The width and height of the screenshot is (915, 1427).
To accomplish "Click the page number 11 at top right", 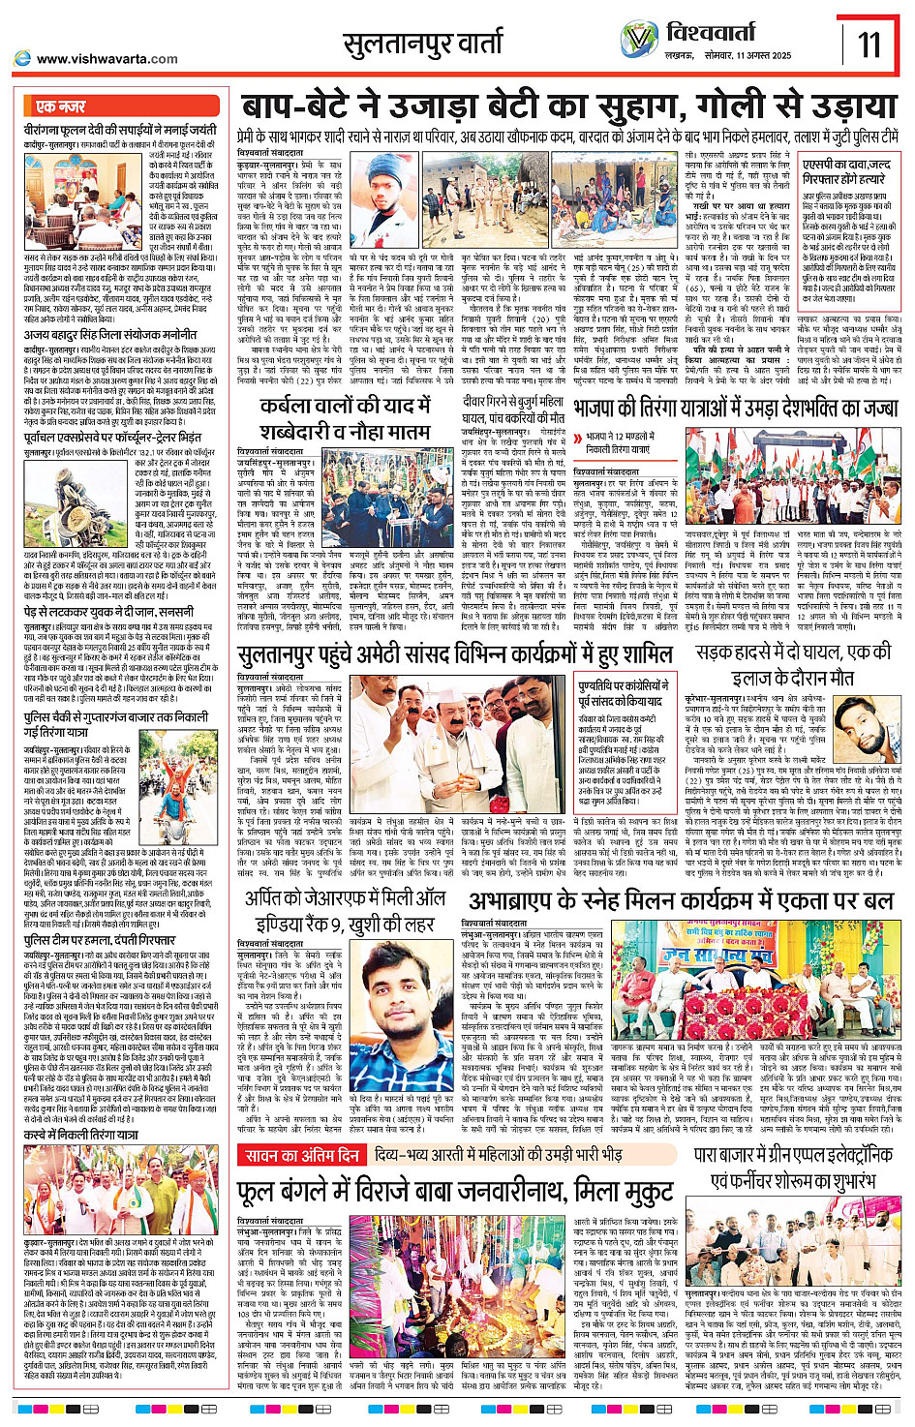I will [869, 44].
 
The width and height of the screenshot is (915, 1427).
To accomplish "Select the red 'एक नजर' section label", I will [60, 106].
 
